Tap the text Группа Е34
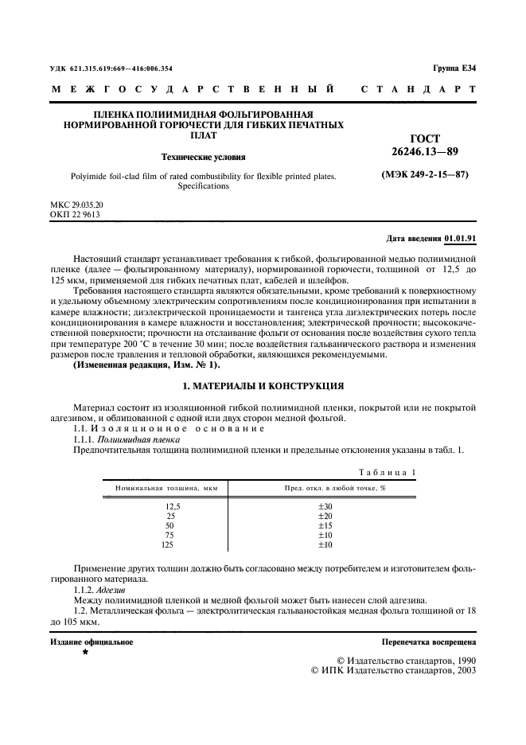pos(454,69)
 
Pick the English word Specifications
pos(202,186)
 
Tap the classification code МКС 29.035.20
pos(76,205)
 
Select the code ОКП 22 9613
pos(75,214)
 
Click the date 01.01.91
pos(461,238)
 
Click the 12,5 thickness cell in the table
pos(173,506)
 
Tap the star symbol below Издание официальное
pos(85,651)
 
